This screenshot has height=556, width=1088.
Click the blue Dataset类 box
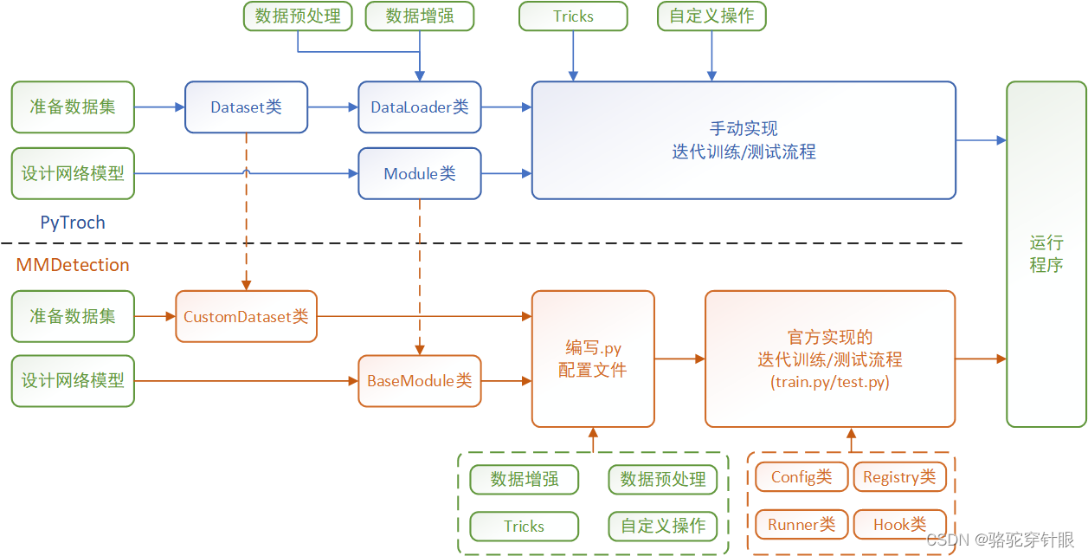pyautogui.click(x=246, y=107)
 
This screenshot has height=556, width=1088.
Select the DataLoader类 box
pyautogui.click(x=420, y=107)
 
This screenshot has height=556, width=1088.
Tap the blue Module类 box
pyautogui.click(x=420, y=173)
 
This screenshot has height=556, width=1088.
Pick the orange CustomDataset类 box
pyautogui.click(x=246, y=316)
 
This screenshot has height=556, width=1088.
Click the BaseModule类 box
pyautogui.click(x=420, y=380)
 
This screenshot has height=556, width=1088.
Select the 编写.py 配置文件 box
pyautogui.click(x=593, y=359)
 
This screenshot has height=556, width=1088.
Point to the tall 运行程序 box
pyautogui.click(x=1046, y=254)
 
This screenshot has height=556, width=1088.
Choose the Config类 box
pyautogui.click(x=801, y=477)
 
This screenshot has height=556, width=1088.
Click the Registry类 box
pyautogui.click(x=899, y=477)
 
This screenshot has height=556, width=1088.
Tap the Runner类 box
pyautogui.click(x=801, y=524)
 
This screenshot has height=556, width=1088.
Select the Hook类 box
pyautogui.click(x=899, y=524)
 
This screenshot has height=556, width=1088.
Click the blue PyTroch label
pyautogui.click(x=73, y=223)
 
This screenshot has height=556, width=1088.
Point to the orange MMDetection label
pyautogui.click(x=73, y=265)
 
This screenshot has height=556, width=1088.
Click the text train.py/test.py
pyautogui.click(x=830, y=382)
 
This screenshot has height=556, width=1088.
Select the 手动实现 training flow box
pyautogui.click(x=744, y=140)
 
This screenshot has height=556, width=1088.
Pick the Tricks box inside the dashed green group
pyautogui.click(x=524, y=526)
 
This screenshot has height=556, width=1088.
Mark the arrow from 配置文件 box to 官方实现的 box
pyautogui.click(x=679, y=358)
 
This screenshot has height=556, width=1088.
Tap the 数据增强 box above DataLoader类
pyautogui.click(x=420, y=16)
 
